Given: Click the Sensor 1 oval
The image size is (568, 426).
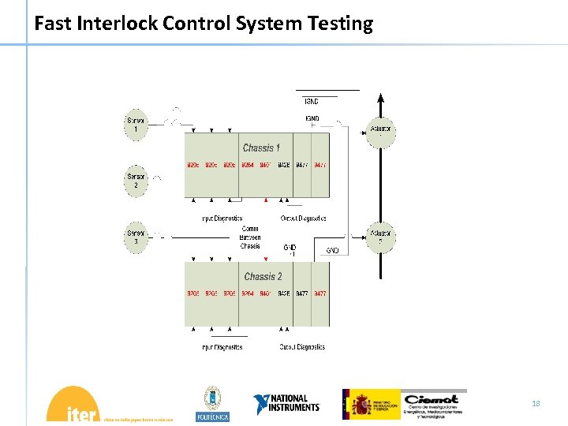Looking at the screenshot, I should pos(136,125).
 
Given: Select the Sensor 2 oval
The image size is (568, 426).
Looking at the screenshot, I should pos(136,181).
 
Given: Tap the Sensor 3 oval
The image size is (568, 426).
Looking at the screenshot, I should pos(136,237).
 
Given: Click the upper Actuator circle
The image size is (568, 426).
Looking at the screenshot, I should pos(380,132).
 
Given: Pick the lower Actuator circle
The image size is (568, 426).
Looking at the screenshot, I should pos(380,237).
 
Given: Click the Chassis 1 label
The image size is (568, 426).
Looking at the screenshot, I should pos(261,148).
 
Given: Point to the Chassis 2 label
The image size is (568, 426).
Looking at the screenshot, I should pos(263,276).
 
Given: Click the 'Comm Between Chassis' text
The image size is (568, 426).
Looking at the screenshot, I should pos(250,237).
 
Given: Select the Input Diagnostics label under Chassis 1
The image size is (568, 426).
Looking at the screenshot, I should pos(222,219).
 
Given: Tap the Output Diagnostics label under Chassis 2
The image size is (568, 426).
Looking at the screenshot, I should pos(302,347).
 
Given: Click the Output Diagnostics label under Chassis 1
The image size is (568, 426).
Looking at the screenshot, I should pos(303,219).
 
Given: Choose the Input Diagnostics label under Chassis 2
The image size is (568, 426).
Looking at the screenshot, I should pos(222,347).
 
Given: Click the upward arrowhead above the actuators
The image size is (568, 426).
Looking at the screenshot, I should pos(380,99).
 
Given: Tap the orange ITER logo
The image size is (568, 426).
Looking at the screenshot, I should pos(73,405).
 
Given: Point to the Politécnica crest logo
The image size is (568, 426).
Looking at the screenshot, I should pos(212,404).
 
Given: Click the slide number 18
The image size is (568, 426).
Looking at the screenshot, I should pos(536,404).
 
